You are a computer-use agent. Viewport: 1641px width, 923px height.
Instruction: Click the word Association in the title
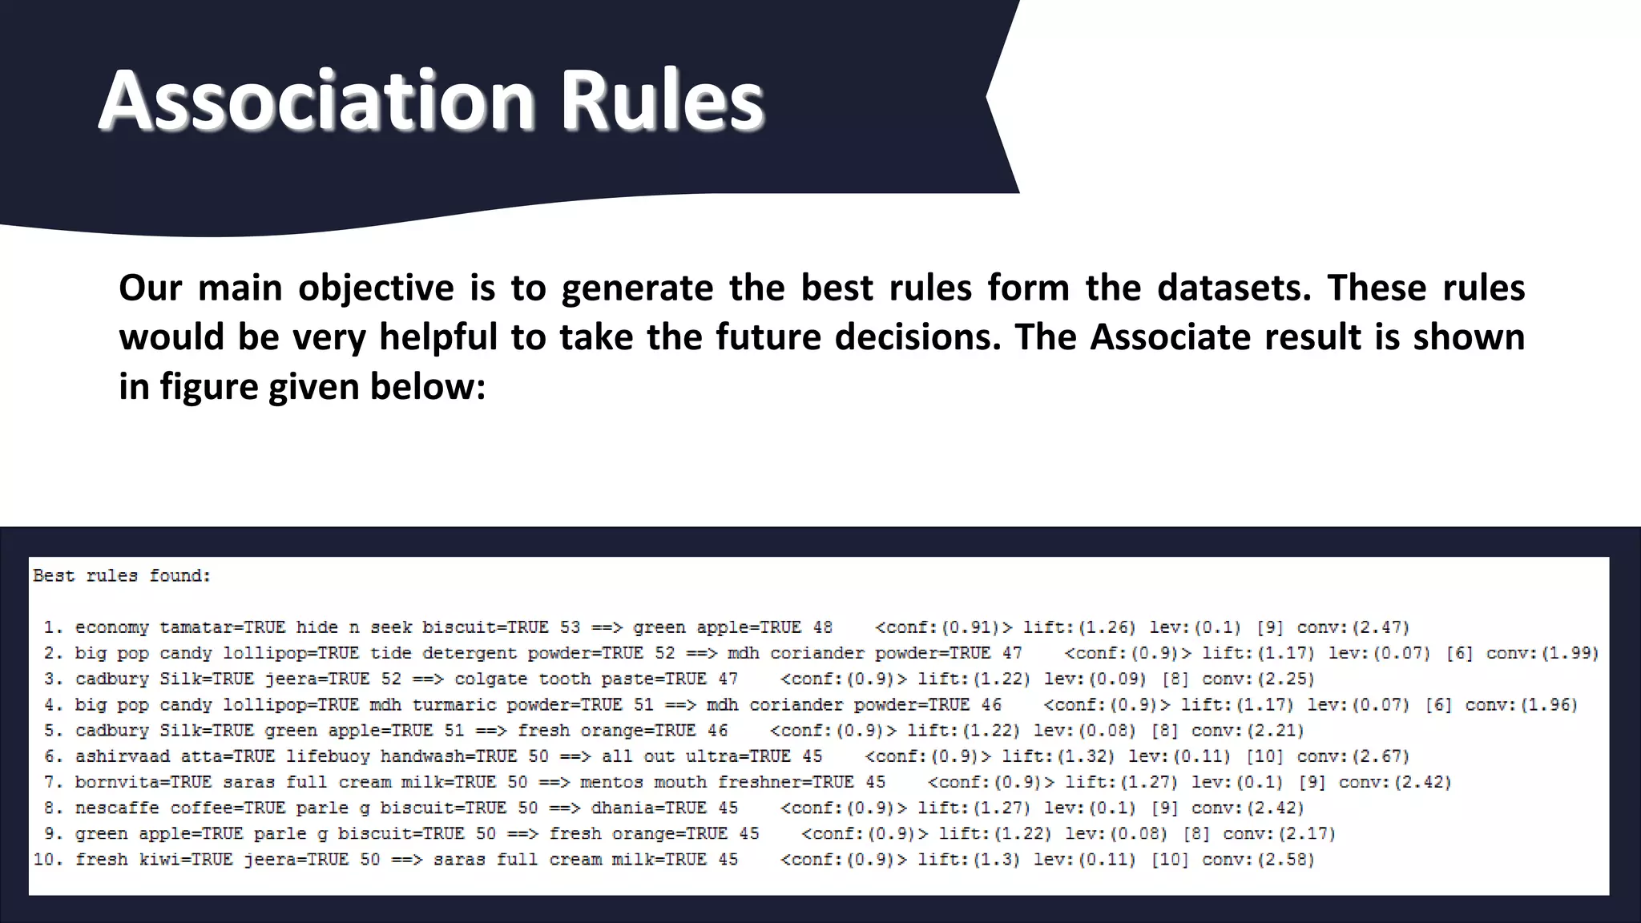click(317, 101)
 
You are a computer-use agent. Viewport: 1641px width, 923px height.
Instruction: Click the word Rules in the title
click(662, 101)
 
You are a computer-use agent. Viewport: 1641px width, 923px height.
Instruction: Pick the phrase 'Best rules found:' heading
click(122, 576)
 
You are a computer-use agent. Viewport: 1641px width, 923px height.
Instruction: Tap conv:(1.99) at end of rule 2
click(1542, 653)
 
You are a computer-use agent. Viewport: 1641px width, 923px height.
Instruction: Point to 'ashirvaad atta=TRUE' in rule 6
click(175, 756)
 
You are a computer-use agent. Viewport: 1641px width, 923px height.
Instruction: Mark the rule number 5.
click(53, 731)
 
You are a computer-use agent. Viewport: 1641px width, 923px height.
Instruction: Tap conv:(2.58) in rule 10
click(1259, 860)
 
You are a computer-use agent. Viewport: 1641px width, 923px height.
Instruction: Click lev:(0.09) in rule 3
click(1095, 679)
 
